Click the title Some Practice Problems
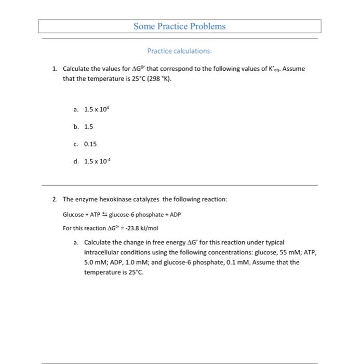(180, 26)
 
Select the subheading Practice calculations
(180, 51)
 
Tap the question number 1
(54, 69)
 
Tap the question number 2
(54, 199)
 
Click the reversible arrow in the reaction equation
(102, 215)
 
